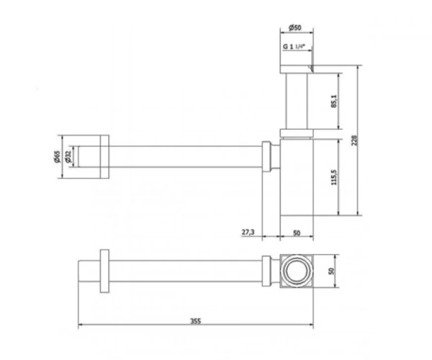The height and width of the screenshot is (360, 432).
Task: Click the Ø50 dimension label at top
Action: [294, 27]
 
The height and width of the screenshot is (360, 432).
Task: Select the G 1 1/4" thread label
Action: [294, 47]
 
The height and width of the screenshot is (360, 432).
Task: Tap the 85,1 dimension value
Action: [334, 101]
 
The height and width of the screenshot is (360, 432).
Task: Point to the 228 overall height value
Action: [354, 140]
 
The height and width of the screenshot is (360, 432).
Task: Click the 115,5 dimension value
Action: [334, 177]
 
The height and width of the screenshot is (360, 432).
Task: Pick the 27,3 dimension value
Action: [248, 232]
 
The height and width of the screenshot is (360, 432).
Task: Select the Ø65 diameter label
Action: [57, 156]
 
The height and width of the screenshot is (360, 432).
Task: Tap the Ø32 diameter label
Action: [68, 156]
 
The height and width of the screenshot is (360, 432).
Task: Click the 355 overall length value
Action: [196, 321]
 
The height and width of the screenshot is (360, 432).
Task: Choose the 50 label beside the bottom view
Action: [331, 271]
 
